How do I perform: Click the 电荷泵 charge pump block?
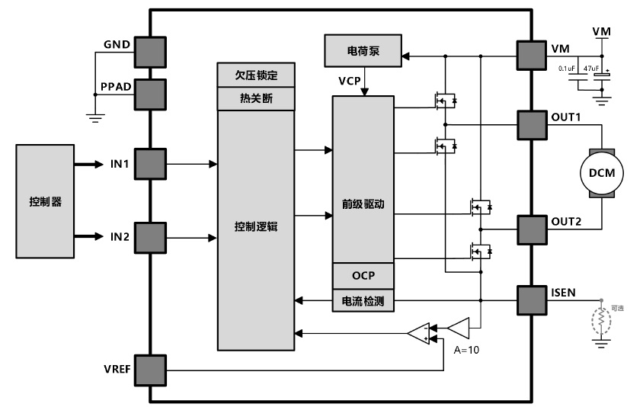click(363, 50)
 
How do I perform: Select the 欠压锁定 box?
click(255, 76)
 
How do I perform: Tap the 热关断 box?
click(255, 98)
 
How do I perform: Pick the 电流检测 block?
click(363, 301)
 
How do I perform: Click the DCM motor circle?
click(602, 174)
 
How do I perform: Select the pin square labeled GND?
click(151, 51)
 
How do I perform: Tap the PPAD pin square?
click(151, 93)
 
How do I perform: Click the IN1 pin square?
click(151, 164)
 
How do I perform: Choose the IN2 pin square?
click(151, 237)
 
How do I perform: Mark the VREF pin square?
click(151, 370)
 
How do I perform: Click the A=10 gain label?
click(467, 351)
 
